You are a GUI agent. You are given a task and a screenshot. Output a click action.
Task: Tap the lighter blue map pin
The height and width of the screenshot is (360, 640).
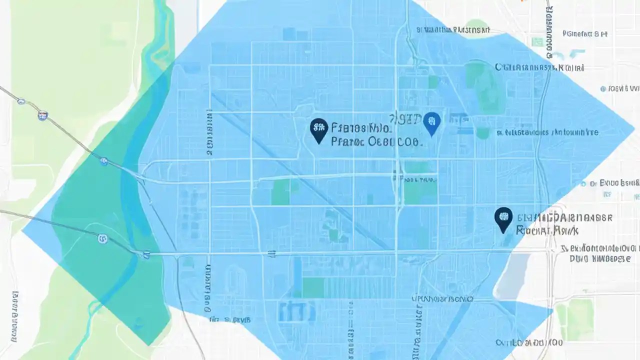[431, 122]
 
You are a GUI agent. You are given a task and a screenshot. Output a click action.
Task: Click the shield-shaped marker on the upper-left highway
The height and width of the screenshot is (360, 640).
[43, 116]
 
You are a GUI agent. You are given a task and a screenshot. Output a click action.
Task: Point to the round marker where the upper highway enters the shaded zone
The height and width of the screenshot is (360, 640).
[103, 161]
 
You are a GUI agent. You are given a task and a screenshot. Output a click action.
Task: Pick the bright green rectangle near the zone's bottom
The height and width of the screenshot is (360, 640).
[313, 287]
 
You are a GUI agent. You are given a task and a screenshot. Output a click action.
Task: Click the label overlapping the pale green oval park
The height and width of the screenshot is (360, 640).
[452, 30]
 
